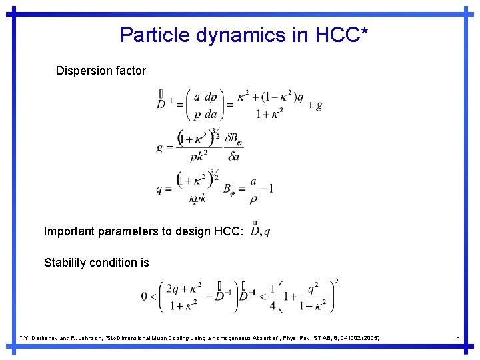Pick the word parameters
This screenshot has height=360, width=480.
tap(137, 231)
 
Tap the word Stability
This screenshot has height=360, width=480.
tap(65, 263)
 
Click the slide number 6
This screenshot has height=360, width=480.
tap(458, 339)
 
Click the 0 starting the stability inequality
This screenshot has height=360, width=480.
tap(144, 296)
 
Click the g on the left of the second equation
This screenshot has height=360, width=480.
tap(160, 147)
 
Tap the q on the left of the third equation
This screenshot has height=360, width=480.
tap(159, 189)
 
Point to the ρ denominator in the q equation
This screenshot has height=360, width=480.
tap(253, 198)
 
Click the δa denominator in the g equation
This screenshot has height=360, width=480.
tap(233, 157)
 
